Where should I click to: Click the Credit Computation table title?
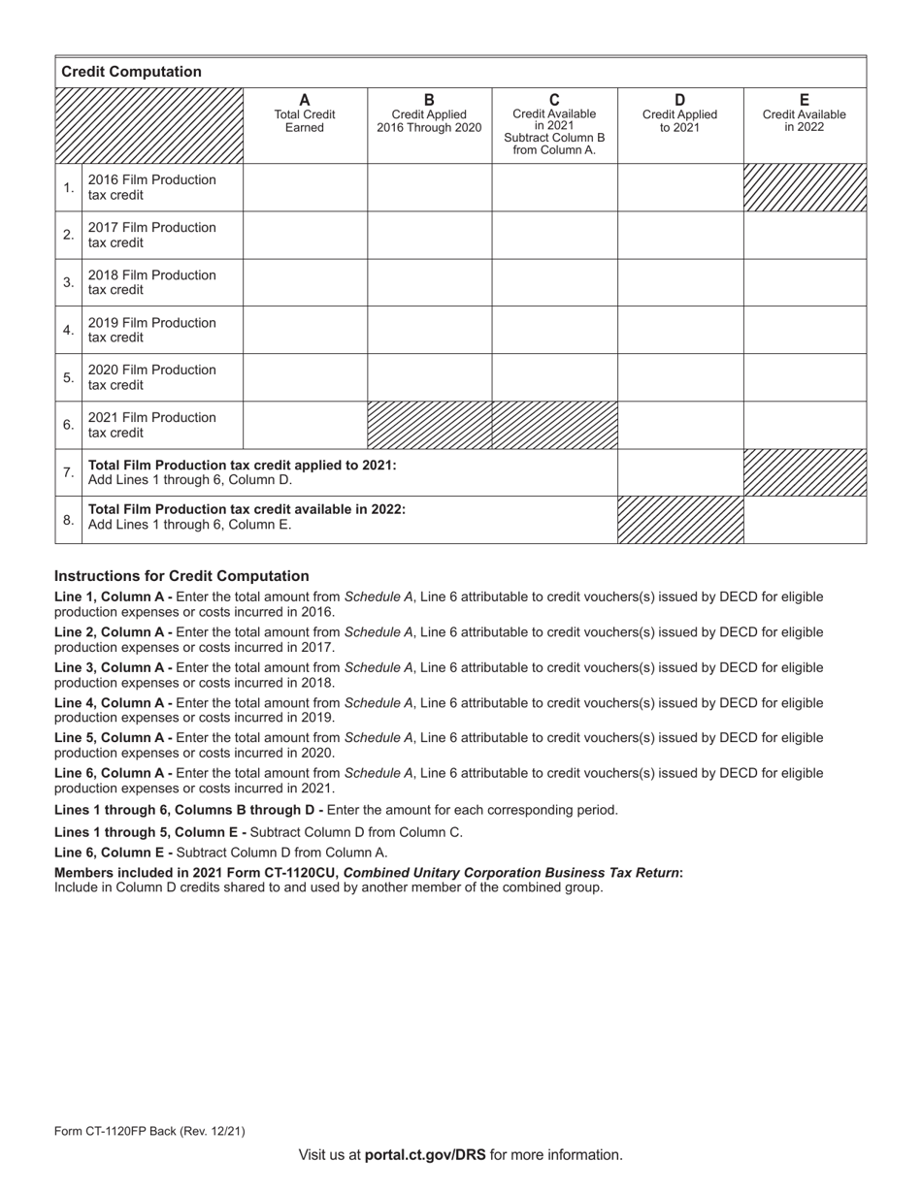131,72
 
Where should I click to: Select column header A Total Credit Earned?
305,114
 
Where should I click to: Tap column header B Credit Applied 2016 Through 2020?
429,114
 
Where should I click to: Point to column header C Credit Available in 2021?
554,124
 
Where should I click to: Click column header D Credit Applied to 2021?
679,114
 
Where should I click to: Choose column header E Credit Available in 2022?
804,114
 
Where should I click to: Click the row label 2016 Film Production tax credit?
152,187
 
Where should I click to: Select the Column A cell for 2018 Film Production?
305,282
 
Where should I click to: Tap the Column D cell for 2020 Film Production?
679,377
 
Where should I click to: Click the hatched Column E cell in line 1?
805,187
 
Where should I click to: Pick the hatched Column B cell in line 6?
429,425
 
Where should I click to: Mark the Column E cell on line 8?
805,520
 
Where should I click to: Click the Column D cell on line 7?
679,472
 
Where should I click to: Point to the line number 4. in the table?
68,330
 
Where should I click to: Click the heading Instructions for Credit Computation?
181,576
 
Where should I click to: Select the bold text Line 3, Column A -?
114,667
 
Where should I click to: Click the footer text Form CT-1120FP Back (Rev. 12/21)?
149,1131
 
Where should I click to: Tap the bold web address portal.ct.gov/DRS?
425,1155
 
